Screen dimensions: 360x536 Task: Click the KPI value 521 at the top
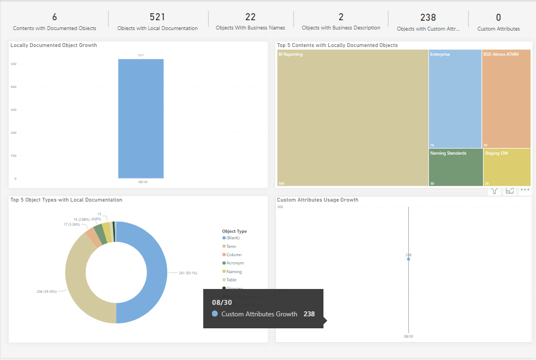pos(157,17)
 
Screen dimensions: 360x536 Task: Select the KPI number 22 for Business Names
pos(250,17)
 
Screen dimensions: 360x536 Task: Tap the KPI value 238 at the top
pos(428,17)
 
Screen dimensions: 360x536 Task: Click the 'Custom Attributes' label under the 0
pos(498,28)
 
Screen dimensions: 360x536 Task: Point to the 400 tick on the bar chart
pos(13,87)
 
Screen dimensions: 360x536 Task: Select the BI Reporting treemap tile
pos(352,117)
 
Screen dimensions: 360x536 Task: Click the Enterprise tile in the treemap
pos(455,98)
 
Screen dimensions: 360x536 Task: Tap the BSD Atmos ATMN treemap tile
pos(506,98)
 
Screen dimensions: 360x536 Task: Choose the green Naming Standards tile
pos(455,167)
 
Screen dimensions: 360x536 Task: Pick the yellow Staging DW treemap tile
pos(506,167)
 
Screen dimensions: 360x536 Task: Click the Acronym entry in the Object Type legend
pos(235,263)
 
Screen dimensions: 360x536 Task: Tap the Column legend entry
pos(234,255)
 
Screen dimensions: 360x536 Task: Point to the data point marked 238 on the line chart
pos(408,259)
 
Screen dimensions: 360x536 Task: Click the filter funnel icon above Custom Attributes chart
pos(494,191)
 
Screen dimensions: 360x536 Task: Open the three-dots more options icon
pos(525,190)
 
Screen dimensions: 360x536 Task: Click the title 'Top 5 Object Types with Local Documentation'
pos(66,200)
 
